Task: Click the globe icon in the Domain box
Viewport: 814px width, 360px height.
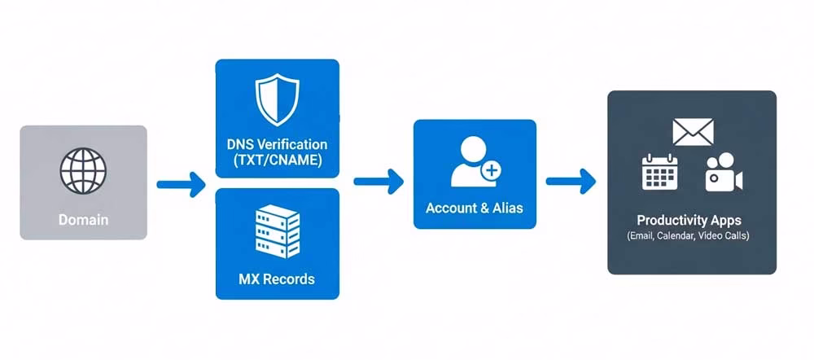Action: click(83, 169)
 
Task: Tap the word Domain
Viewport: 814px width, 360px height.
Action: click(83, 220)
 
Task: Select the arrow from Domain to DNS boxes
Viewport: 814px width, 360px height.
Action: click(180, 184)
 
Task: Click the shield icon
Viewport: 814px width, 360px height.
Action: click(277, 98)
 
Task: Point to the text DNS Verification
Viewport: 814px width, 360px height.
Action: click(277, 144)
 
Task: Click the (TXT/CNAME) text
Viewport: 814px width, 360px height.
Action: click(277, 160)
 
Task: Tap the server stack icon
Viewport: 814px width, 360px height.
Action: click(277, 230)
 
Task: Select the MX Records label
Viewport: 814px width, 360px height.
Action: click(277, 279)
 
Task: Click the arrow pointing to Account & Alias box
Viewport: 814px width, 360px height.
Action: click(379, 181)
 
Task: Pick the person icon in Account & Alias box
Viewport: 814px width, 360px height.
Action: click(472, 160)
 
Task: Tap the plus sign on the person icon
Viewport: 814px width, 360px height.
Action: click(492, 171)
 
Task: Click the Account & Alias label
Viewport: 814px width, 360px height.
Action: click(475, 208)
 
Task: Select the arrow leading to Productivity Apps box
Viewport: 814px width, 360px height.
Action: click(571, 181)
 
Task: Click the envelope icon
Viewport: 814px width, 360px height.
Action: click(693, 131)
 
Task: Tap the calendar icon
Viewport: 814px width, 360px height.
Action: click(659, 171)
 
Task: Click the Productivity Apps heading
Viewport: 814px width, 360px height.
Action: click(689, 221)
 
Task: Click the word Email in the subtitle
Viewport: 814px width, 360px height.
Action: click(642, 235)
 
